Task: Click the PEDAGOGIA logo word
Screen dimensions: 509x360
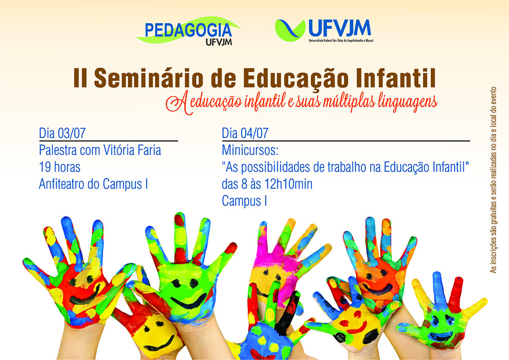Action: pos(188,30)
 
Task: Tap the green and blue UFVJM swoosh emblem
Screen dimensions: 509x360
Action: pos(290,30)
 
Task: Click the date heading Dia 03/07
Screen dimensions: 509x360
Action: pos(62,133)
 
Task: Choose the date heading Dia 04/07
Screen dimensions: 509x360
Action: pos(245,133)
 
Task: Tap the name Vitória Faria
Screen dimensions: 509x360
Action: pos(132,150)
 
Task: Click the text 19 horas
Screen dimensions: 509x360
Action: pos(60,167)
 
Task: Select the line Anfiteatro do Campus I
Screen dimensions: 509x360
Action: pos(93,184)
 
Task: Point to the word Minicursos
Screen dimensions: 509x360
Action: pos(250,150)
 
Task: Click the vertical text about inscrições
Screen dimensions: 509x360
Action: pos(494,179)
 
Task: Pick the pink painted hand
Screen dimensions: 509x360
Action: pos(279,259)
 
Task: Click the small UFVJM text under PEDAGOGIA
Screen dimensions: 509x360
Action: pos(219,42)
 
